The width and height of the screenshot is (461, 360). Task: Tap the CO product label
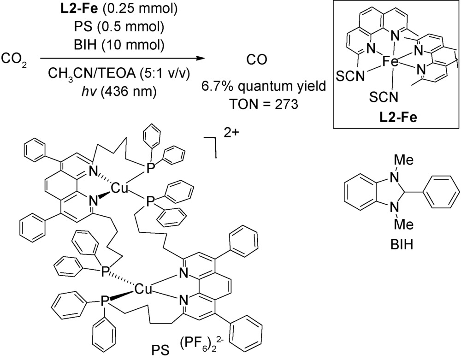click(x=257, y=59)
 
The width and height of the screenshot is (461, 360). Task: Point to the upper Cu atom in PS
click(x=119, y=189)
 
